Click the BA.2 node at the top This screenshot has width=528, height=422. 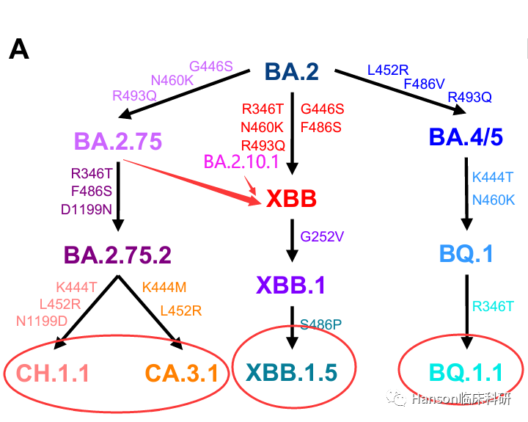(x=292, y=71)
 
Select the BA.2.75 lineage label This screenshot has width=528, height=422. (x=117, y=141)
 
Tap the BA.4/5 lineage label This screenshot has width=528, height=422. (x=466, y=137)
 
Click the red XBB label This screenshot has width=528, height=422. (x=292, y=199)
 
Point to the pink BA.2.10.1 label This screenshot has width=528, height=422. (x=241, y=161)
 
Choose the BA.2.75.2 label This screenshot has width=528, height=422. (x=117, y=255)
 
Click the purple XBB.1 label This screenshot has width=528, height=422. (x=291, y=285)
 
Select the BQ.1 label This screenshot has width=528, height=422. (x=466, y=254)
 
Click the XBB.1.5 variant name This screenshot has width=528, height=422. (x=292, y=373)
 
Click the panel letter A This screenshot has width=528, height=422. (x=19, y=49)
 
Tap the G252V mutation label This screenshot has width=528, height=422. (x=322, y=237)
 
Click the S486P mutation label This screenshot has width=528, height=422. (x=320, y=324)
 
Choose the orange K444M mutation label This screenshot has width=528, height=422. (x=164, y=288)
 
